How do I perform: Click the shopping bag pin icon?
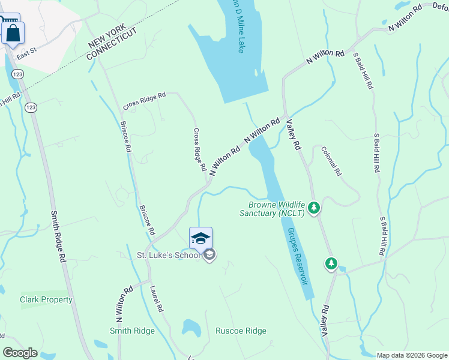tap(13, 34)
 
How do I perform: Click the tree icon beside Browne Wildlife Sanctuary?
tap(313, 208)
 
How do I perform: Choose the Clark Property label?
tap(46, 299)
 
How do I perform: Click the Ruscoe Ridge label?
tap(241, 331)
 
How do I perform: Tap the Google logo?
tap(20, 353)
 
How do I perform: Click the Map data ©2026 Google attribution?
tap(411, 355)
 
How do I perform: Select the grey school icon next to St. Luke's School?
tap(209, 256)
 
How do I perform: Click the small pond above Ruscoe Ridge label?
tap(190, 328)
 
